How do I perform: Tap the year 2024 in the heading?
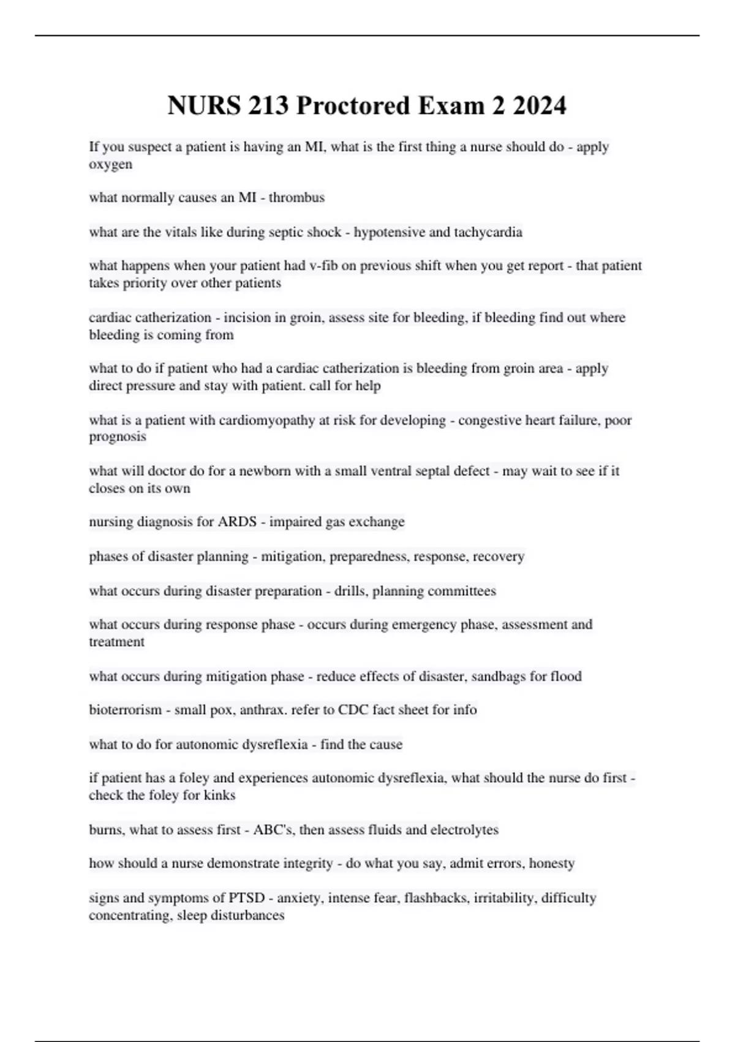click(539, 106)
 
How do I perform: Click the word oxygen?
click(110, 165)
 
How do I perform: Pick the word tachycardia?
click(488, 232)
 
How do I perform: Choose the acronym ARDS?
click(232, 522)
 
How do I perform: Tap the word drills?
click(350, 591)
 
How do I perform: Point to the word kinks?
click(219, 796)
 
